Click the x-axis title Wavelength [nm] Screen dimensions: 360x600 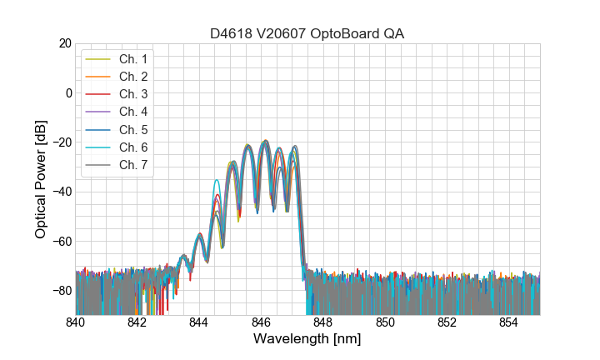coord(307,339)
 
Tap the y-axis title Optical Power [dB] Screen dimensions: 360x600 coord(41,179)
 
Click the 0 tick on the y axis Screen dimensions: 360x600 coord(67,92)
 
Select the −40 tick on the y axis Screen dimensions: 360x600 coord(61,192)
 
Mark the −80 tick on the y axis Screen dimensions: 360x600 coord(61,291)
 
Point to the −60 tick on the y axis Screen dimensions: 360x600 coord(61,242)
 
